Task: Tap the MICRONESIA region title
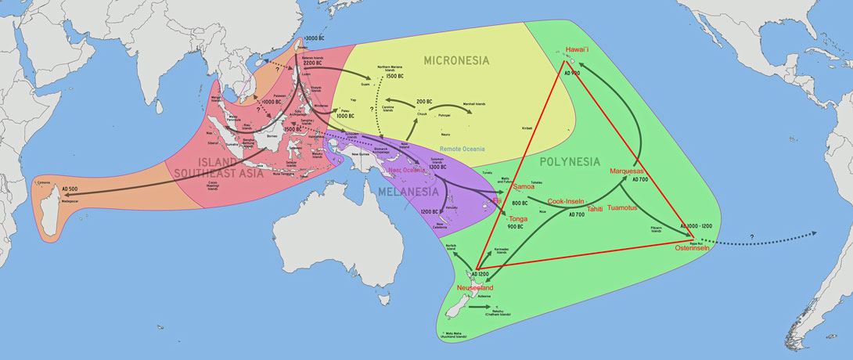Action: point(456,60)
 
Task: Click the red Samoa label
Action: point(523,187)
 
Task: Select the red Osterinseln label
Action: point(692,248)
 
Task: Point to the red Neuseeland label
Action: point(470,288)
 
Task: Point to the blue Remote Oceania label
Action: point(461,147)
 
